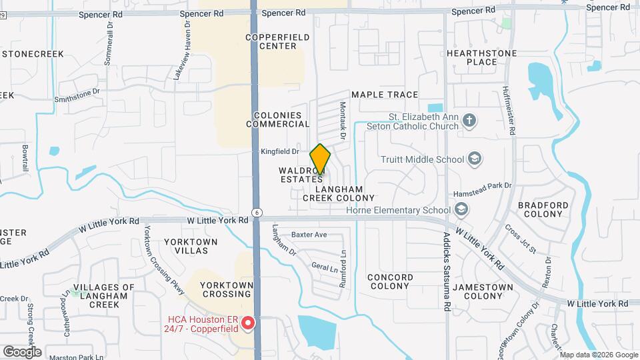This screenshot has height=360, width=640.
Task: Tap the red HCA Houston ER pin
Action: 248,323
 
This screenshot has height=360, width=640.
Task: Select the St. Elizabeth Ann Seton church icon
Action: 470,121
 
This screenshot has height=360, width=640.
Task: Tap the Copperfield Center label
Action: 271,41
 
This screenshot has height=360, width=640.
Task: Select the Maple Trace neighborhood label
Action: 385,95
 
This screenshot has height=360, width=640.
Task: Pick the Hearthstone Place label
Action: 481,57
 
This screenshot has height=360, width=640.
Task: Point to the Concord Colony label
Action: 390,281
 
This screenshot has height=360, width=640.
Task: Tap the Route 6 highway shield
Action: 256,212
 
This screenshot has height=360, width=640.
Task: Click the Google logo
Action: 22,351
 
